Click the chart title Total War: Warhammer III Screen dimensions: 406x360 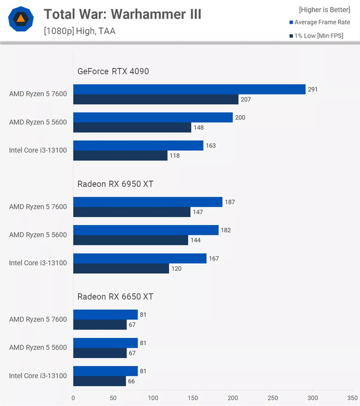coord(123,14)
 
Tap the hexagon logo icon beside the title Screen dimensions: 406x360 coord(21,20)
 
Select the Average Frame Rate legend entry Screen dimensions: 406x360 coord(322,22)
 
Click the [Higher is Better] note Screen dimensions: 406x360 coord(325,10)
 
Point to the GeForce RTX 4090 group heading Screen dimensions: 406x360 coord(113,71)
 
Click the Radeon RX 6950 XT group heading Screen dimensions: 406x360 coord(115,184)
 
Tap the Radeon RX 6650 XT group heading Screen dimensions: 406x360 coord(115,296)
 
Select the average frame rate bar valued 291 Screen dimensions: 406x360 coord(189,89)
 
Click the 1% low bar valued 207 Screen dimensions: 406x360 coord(156,99)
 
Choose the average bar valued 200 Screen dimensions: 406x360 coord(153,118)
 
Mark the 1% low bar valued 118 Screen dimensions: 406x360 coord(120,155)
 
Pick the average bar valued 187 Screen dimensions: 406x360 coord(147,202)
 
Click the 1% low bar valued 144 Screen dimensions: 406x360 coord(131,240)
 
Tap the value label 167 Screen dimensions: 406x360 coord(214,259)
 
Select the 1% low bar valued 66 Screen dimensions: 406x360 coord(99,381)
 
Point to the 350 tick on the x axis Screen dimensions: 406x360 coord(352,398)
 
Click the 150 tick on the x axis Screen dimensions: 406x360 coord(193,398)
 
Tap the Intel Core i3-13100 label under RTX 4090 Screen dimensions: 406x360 coord(38,150)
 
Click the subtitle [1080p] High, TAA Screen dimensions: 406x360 coord(79,31)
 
